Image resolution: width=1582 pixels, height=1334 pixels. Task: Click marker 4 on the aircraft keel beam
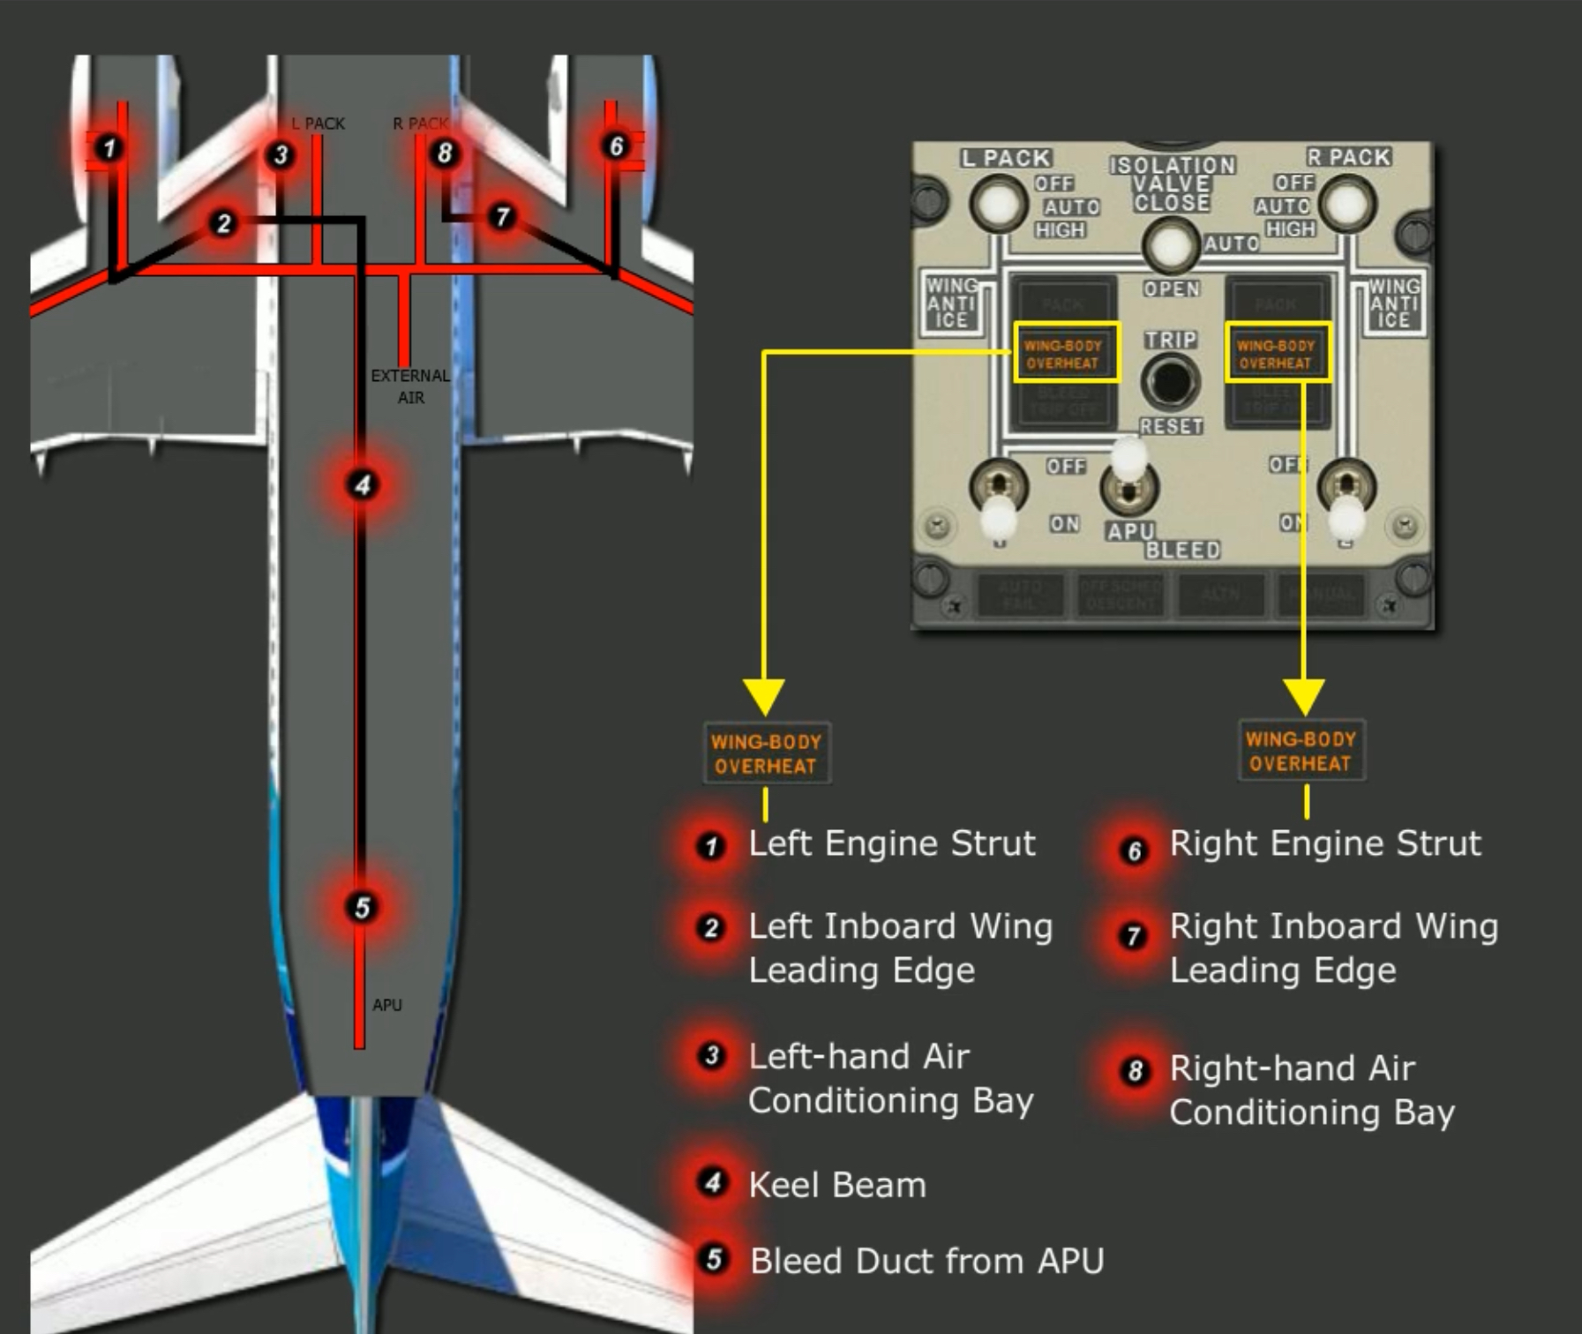(x=362, y=484)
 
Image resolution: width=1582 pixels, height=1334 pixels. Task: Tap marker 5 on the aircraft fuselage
(x=362, y=907)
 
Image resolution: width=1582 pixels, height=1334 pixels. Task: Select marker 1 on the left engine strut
(x=109, y=147)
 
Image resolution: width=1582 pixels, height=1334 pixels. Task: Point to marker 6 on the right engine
(x=616, y=146)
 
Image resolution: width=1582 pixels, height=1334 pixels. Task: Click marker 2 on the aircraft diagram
(x=223, y=223)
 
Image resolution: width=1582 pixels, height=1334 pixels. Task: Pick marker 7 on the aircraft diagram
(x=502, y=217)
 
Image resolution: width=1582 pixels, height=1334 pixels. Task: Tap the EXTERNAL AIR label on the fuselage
(x=410, y=386)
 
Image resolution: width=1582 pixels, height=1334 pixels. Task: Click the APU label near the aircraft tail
(x=386, y=1005)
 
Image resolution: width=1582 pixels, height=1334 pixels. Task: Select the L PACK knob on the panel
(x=998, y=202)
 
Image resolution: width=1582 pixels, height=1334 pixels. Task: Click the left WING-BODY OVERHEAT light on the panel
(x=1066, y=353)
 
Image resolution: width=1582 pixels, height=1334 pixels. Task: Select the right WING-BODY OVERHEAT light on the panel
(x=1277, y=353)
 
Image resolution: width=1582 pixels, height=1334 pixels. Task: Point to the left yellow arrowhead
(x=764, y=695)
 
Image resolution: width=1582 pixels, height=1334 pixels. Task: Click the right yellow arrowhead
(x=1303, y=695)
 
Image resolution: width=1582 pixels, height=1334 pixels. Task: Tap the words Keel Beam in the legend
(x=837, y=1185)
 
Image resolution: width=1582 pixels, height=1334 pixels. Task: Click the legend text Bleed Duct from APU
(x=926, y=1261)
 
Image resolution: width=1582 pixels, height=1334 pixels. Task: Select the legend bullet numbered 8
(x=1135, y=1071)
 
